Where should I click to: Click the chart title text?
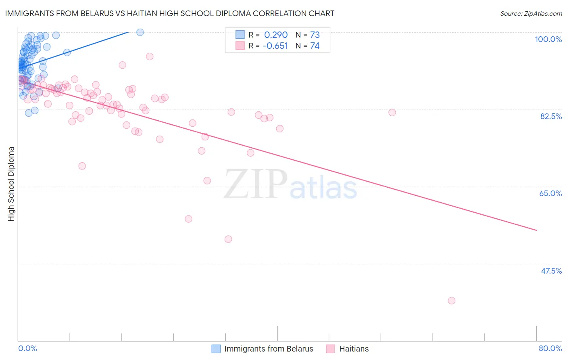(169, 13)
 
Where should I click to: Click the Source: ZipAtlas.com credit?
(531, 14)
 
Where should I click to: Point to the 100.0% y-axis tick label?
(548, 39)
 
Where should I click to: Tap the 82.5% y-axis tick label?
(551, 116)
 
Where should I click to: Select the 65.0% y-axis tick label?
(550, 193)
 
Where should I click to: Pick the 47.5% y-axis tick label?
(551, 271)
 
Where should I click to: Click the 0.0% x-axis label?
(27, 348)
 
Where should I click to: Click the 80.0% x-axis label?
(550, 348)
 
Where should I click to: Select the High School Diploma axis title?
(11, 184)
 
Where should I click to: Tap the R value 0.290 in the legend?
(276, 35)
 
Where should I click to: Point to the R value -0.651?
(275, 46)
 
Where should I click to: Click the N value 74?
(315, 46)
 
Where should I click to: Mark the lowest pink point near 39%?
(451, 301)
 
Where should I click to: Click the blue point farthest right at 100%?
(140, 32)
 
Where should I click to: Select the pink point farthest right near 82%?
(392, 113)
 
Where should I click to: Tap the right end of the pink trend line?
(536, 230)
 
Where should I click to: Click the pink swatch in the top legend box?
(240, 46)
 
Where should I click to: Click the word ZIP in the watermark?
(255, 184)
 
